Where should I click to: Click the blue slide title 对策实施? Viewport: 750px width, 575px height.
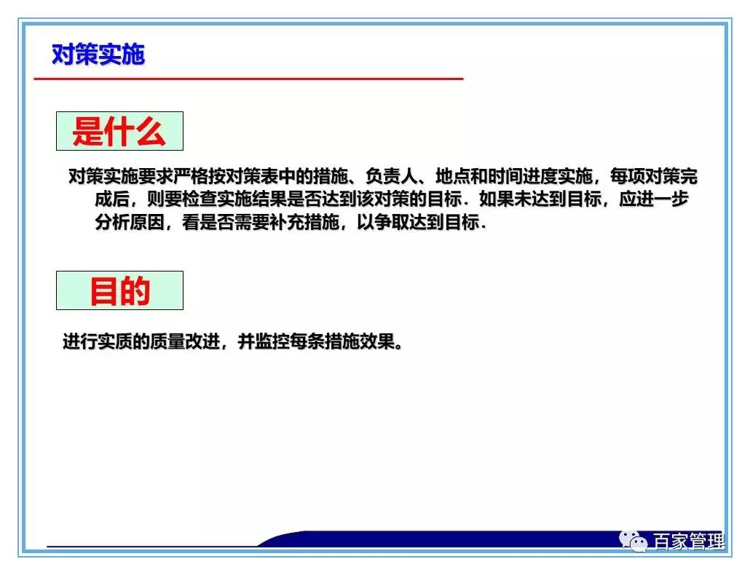(98, 55)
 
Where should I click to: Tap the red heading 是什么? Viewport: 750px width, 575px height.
(119, 132)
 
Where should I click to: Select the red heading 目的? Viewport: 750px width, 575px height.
(119, 291)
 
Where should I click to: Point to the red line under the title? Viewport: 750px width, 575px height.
(248, 78)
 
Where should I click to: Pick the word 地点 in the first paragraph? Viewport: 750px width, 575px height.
(452, 177)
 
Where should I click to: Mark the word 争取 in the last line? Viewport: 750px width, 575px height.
(390, 223)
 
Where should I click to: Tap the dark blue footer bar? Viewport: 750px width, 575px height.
(437, 539)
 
